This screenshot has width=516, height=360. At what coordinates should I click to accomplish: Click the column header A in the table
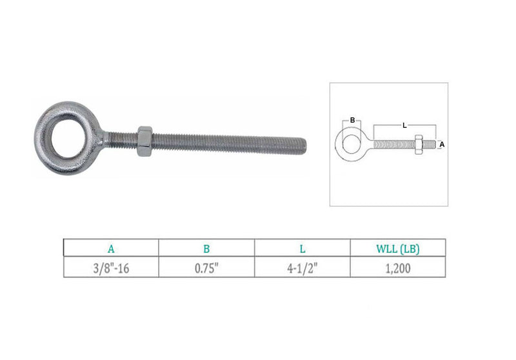[x=111, y=249]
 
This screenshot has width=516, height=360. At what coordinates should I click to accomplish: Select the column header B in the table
[x=206, y=249]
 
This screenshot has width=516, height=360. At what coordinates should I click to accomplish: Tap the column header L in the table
[x=303, y=249]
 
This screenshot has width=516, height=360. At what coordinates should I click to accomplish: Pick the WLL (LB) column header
[x=398, y=249]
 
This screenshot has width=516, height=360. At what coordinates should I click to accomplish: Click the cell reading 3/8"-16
[x=111, y=268]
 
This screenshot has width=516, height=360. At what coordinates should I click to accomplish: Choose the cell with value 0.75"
[x=206, y=268]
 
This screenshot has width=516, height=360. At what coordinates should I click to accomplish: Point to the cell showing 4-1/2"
[x=303, y=268]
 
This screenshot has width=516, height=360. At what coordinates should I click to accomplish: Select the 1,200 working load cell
[x=398, y=268]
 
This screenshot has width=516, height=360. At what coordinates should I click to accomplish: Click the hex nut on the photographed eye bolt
[x=144, y=141]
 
